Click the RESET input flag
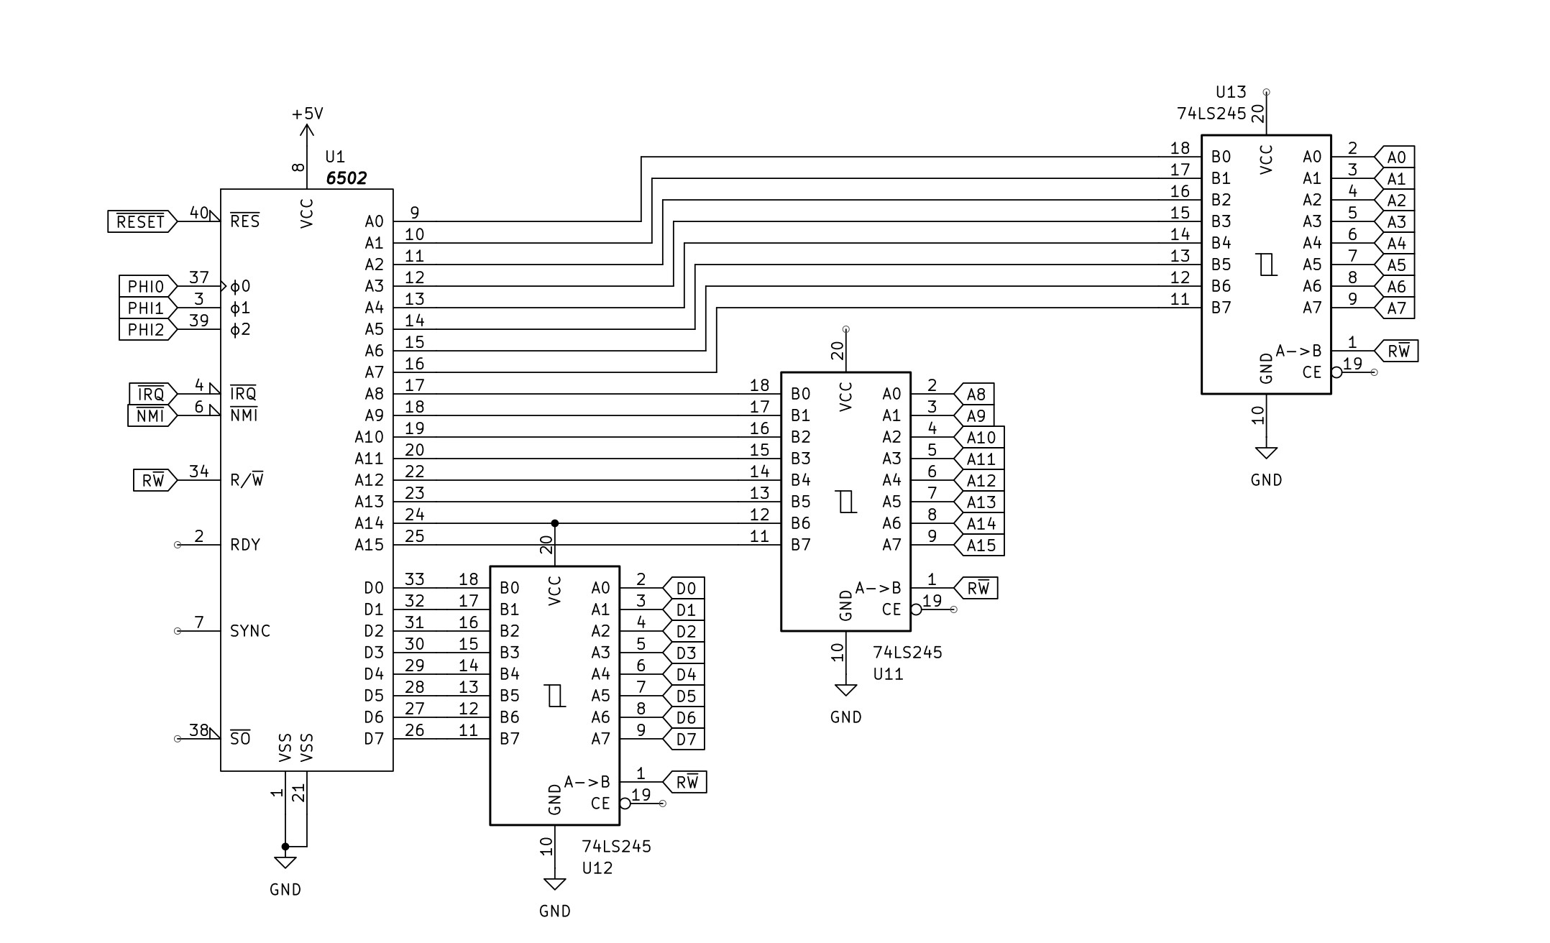tap(141, 221)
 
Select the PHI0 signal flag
tap(147, 286)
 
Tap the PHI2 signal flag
tap(147, 329)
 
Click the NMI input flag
tap(151, 415)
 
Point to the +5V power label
tap(307, 114)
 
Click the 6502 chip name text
tap(346, 178)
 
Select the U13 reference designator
tap(1231, 92)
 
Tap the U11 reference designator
tap(888, 674)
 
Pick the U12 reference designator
tap(597, 868)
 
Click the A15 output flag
tap(980, 545)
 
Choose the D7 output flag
tap(685, 739)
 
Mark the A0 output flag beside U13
tap(1395, 157)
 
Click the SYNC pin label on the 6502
tap(250, 631)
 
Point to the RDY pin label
tap(245, 545)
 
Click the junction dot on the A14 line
tap(554, 523)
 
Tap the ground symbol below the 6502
tap(285, 862)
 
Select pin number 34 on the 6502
tap(199, 471)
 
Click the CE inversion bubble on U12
tap(625, 804)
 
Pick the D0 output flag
tap(685, 588)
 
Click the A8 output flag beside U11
tap(975, 394)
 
